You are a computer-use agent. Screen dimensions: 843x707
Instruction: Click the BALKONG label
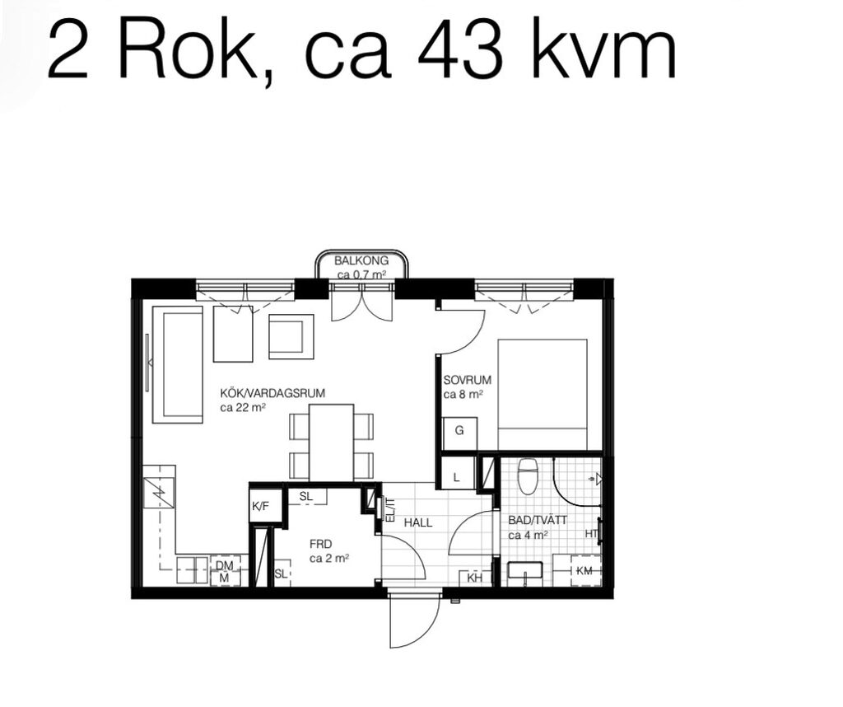(361, 261)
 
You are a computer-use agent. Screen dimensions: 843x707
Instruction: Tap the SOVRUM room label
(468, 380)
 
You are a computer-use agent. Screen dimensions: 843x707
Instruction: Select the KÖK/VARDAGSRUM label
(272, 393)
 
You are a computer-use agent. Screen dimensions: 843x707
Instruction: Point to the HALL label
(417, 522)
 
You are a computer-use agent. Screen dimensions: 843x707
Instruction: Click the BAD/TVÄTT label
(538, 521)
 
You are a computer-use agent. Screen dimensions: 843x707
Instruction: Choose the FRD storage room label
(321, 544)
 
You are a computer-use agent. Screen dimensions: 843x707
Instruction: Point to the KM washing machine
(585, 570)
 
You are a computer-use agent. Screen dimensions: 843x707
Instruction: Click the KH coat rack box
(475, 578)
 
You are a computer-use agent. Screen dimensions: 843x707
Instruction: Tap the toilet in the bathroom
(528, 475)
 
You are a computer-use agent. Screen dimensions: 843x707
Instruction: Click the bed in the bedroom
(543, 395)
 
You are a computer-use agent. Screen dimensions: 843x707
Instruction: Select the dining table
(331, 442)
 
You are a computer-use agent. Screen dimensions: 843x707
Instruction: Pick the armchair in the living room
(291, 336)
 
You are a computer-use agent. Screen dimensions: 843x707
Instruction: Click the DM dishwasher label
(224, 565)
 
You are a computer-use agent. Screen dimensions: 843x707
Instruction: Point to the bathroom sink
(524, 573)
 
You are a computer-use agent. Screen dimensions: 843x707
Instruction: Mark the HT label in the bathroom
(591, 534)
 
